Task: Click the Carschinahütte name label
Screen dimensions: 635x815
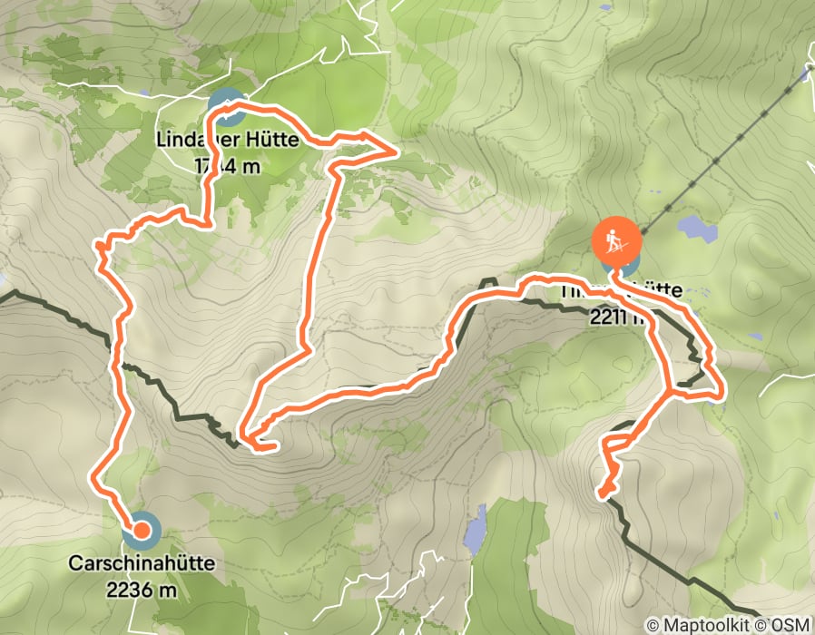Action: click(142, 563)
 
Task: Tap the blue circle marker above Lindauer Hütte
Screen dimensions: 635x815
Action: click(226, 107)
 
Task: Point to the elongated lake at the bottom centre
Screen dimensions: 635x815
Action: click(475, 532)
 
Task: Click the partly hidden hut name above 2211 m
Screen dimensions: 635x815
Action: click(635, 290)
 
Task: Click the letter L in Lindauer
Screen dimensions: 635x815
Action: click(162, 142)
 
